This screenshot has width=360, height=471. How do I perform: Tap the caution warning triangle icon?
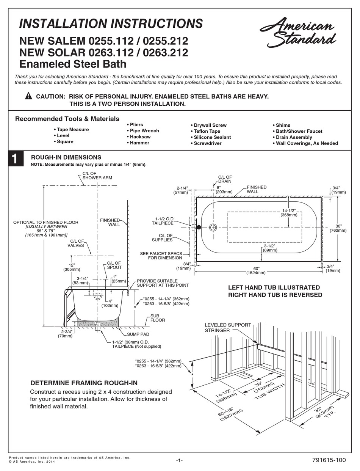[28, 96]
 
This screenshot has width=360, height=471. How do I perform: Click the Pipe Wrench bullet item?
[144, 131]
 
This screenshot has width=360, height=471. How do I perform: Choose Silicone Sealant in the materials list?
[212, 137]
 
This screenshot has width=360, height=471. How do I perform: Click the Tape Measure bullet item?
[73, 130]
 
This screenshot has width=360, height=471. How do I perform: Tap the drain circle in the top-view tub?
[213, 227]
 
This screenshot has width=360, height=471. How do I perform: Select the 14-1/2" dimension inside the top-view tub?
[289, 213]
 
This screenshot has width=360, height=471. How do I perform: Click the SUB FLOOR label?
[157, 318]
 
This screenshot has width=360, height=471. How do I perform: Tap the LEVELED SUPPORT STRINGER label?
[228, 328]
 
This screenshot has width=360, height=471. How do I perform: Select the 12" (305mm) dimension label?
[71, 267]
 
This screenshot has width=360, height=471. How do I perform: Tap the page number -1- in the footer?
[179, 460]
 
